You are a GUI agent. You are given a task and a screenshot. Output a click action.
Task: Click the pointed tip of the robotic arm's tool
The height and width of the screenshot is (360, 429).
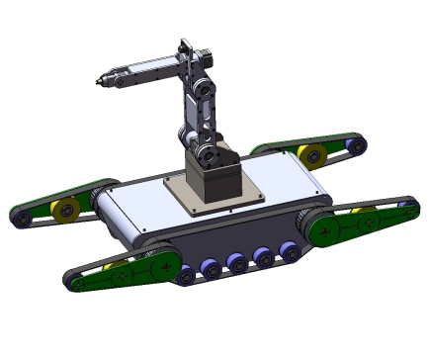click(x=97, y=82)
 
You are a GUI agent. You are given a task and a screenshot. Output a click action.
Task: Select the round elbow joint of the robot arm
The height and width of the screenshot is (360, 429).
click(x=204, y=89)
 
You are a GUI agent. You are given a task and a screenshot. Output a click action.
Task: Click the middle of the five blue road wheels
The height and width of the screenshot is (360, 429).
click(x=236, y=263)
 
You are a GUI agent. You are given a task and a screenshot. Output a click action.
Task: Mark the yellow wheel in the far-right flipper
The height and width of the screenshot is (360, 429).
click(x=311, y=155)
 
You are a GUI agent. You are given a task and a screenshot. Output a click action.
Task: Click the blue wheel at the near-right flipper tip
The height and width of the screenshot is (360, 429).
click(x=406, y=210)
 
